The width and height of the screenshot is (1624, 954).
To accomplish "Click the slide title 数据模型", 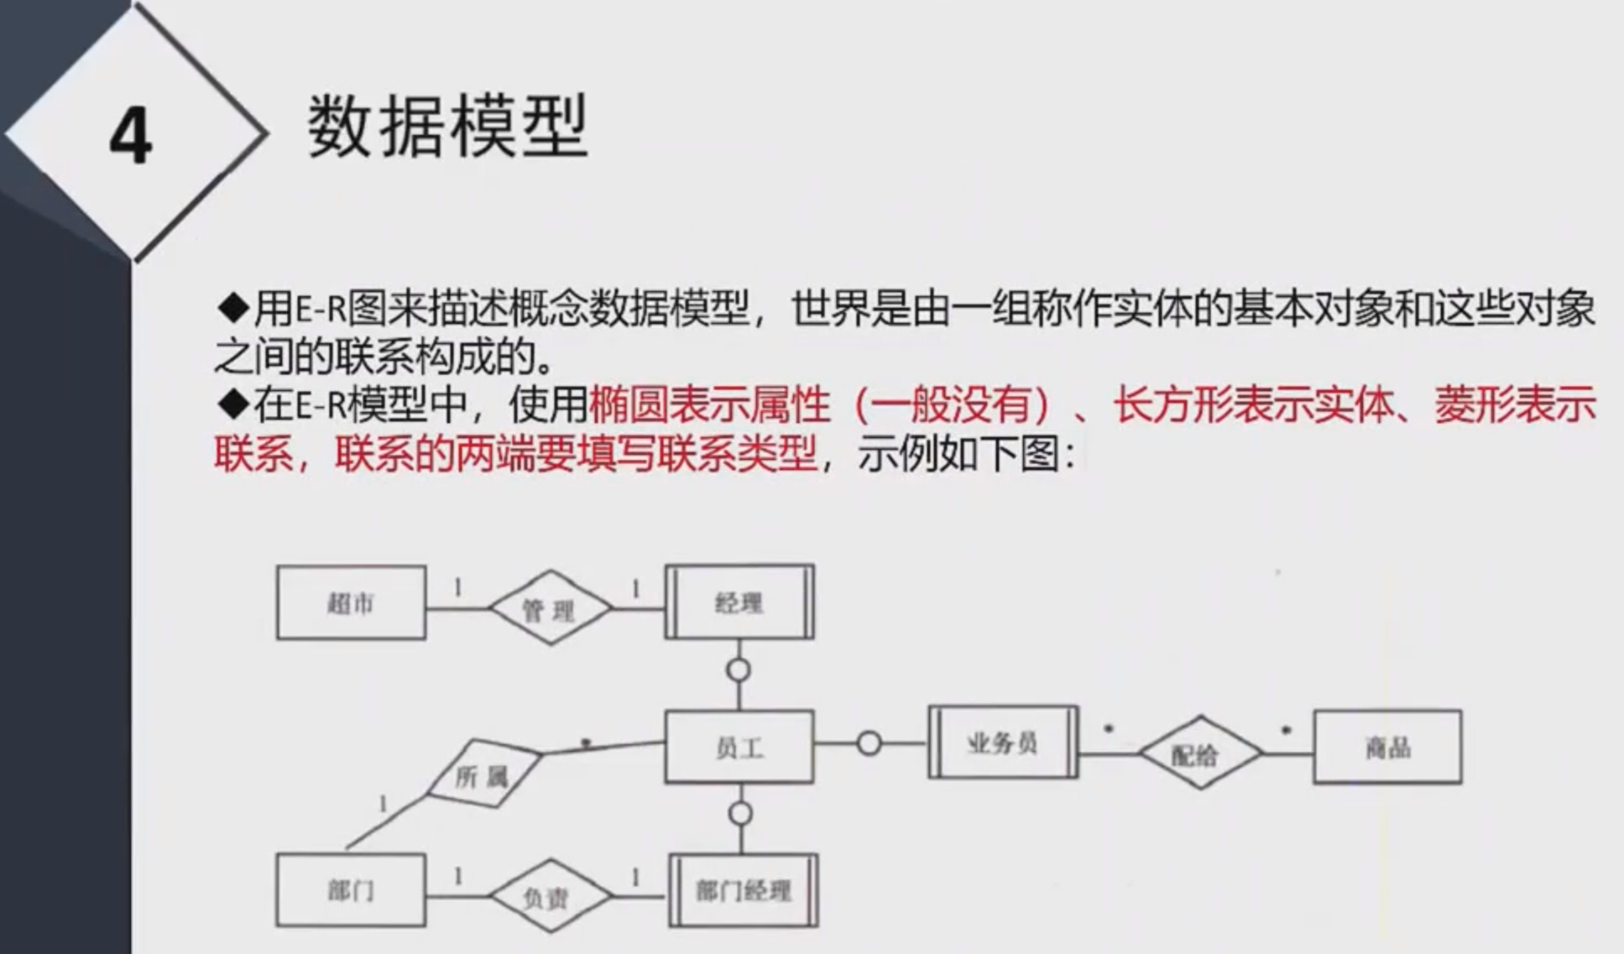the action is point(446,127).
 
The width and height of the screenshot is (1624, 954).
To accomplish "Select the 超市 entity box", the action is point(351,603).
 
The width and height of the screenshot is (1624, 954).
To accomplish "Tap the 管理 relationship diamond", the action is point(550,608).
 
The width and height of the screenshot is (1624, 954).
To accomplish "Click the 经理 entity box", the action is point(739,602).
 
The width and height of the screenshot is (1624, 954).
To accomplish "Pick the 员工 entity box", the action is point(739,747).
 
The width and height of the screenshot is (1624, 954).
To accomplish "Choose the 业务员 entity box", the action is point(1003,743).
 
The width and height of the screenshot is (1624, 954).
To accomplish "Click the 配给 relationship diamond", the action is point(1199,753).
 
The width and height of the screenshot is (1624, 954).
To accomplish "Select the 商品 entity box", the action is point(1387,747).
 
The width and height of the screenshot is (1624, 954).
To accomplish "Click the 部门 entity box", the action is point(351,890).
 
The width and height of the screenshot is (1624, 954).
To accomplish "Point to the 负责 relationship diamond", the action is point(550,897).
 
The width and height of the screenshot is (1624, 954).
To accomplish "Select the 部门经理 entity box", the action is point(744,890).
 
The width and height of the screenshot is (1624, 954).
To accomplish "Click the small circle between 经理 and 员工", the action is point(739,670).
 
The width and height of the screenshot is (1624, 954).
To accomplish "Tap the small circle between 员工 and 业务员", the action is point(869,743).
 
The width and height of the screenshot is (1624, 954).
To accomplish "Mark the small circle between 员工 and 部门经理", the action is point(740,814).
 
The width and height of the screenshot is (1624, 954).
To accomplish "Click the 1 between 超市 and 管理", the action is point(458,588).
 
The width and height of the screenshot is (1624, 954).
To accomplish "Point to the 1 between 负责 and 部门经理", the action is point(635,878).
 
